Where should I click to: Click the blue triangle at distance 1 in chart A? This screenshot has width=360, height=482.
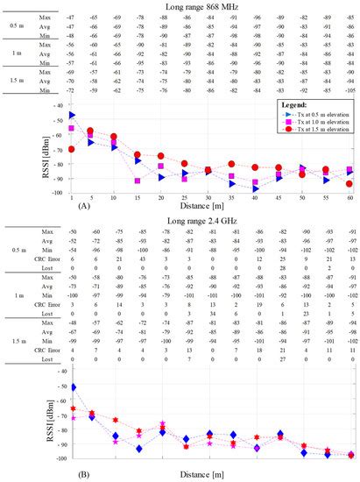click(72, 115)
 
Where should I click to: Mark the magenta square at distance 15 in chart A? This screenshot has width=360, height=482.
click(138, 181)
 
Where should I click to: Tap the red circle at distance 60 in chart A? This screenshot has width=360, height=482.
click(349, 184)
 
